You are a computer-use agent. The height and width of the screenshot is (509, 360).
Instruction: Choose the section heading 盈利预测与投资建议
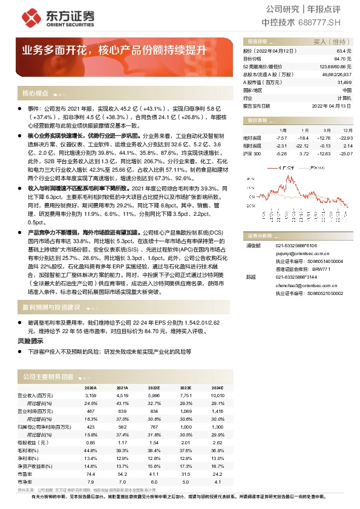(x=51, y=308)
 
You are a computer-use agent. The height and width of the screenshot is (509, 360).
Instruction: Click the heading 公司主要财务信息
(x=48, y=377)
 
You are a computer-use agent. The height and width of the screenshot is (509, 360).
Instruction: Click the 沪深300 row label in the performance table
(x=254, y=154)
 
